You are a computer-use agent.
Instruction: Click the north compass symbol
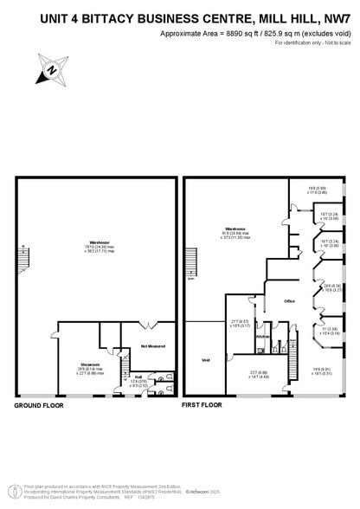[x=49, y=68]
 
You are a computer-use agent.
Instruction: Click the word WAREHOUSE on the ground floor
[x=96, y=242]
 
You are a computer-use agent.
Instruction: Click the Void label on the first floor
[x=206, y=359]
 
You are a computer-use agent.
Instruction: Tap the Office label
[x=290, y=301]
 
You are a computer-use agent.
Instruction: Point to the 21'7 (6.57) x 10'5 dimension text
[x=239, y=325]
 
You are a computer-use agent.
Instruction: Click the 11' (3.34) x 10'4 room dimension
[x=330, y=332]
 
